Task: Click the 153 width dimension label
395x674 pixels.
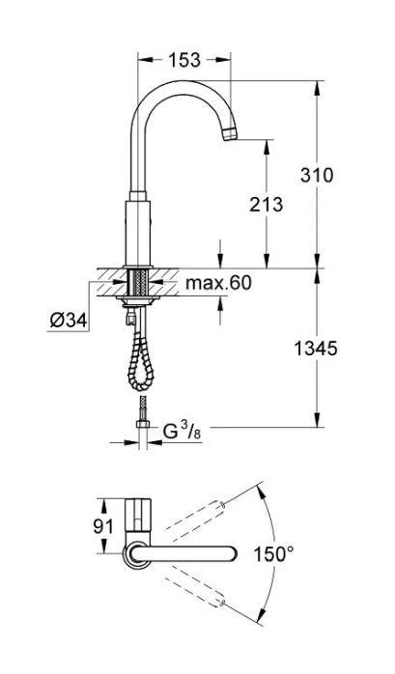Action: click(x=183, y=60)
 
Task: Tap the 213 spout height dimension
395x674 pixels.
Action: click(x=267, y=204)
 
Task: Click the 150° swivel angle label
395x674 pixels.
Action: click(x=275, y=554)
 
